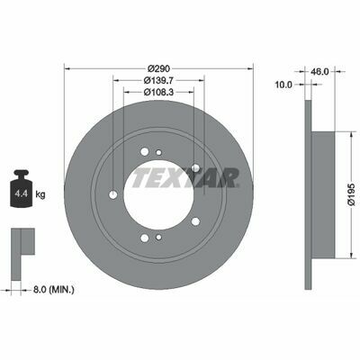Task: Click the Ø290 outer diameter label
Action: pos(158,68)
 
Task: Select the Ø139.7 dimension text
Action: pos(158,80)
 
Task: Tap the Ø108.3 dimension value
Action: pos(158,92)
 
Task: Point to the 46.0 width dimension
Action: pos(319,71)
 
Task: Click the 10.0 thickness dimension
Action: pos(283,85)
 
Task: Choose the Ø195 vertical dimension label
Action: pos(351,194)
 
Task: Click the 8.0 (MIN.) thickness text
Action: pos(54,290)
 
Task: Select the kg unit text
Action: pos(40,194)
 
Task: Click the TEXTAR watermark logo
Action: pos(185,177)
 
